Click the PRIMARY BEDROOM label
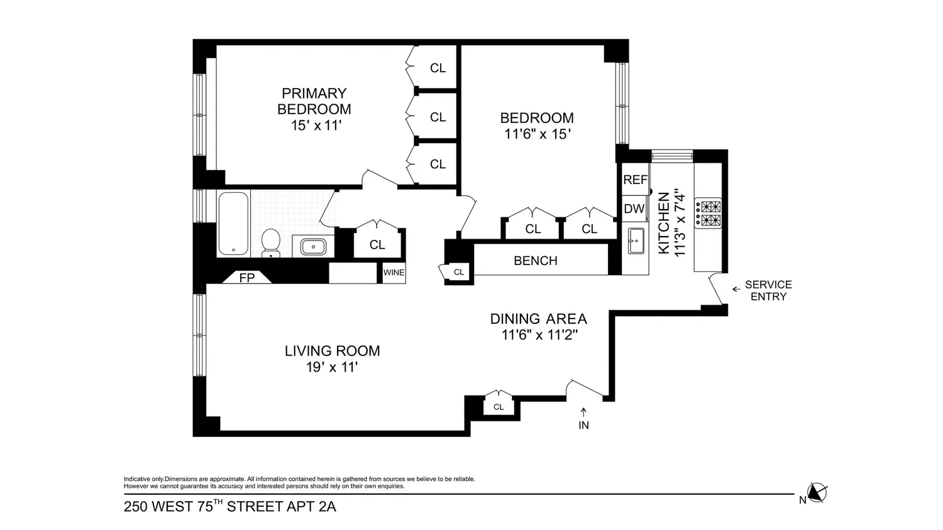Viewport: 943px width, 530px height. pyautogui.click(x=314, y=101)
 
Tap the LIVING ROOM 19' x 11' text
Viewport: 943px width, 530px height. pyautogui.click(x=332, y=359)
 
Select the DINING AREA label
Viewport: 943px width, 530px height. pyautogui.click(x=538, y=319)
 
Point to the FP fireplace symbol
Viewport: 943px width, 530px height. pyautogui.click(x=246, y=277)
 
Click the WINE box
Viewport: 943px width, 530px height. pyautogui.click(x=394, y=273)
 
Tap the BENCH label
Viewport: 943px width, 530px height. pyautogui.click(x=536, y=261)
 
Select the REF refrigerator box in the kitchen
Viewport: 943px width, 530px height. pyautogui.click(x=635, y=180)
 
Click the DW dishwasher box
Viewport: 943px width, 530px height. pyautogui.click(x=634, y=208)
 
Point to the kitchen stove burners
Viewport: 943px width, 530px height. pyautogui.click(x=708, y=214)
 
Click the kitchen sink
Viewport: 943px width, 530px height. pyautogui.click(x=636, y=241)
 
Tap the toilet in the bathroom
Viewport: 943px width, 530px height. pyautogui.click(x=271, y=242)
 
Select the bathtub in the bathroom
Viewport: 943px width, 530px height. pyautogui.click(x=234, y=224)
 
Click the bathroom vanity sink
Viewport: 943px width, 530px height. pyautogui.click(x=313, y=247)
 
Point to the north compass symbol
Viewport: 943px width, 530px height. pyautogui.click(x=817, y=492)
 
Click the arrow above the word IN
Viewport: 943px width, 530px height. pyautogui.click(x=583, y=412)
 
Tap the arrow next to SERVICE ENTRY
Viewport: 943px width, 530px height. pyautogui.click(x=736, y=289)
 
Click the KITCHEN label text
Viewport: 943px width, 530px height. pyautogui.click(x=664, y=223)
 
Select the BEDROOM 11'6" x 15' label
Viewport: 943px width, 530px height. pyautogui.click(x=537, y=126)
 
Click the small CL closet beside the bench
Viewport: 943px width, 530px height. pyautogui.click(x=456, y=272)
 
